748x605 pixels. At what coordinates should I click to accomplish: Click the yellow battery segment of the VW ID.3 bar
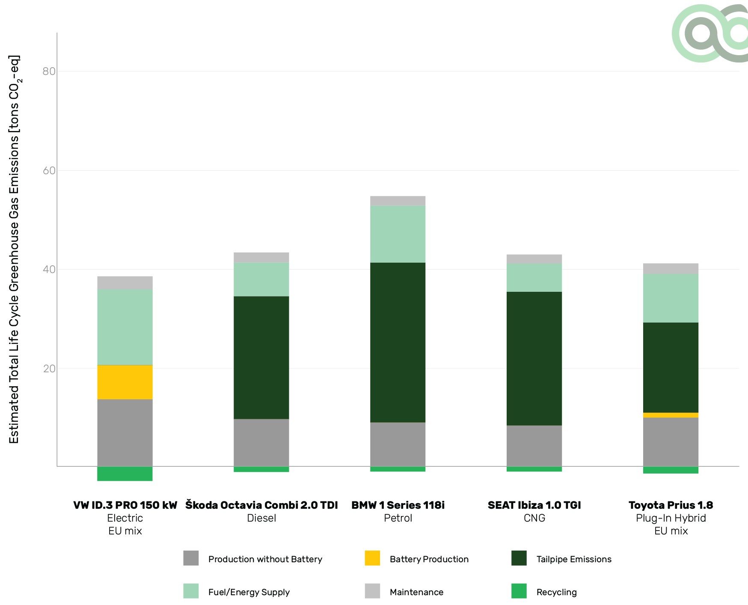pyautogui.click(x=125, y=382)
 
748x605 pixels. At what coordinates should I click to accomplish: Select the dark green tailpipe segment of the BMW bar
pyautogui.click(x=398, y=342)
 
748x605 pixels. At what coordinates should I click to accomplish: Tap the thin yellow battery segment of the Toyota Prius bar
pyautogui.click(x=671, y=415)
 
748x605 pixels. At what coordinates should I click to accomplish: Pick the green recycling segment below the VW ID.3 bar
pyautogui.click(x=125, y=474)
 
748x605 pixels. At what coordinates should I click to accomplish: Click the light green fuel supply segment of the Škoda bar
pyautogui.click(x=261, y=279)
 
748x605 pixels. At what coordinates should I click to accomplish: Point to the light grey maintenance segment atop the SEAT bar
pyautogui.click(x=534, y=259)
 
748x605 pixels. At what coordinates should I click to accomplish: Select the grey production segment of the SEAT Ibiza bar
pyautogui.click(x=534, y=445)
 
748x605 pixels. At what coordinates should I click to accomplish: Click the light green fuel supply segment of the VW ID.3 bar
pyautogui.click(x=125, y=327)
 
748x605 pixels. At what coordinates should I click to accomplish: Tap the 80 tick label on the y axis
pyautogui.click(x=49, y=71)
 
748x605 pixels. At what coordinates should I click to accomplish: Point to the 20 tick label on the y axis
pyautogui.click(x=49, y=368)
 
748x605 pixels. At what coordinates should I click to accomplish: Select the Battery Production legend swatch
pyautogui.click(x=372, y=558)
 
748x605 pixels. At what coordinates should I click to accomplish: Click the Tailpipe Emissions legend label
pyautogui.click(x=574, y=559)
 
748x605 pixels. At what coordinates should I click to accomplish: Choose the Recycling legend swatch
pyautogui.click(x=519, y=591)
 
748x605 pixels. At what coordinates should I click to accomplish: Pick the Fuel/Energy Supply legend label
pyautogui.click(x=249, y=592)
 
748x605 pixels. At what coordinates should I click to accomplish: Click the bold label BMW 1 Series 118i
pyautogui.click(x=398, y=505)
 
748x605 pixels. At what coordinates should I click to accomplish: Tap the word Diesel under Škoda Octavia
pyautogui.click(x=261, y=518)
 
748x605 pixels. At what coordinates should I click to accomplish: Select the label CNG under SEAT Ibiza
pyautogui.click(x=534, y=518)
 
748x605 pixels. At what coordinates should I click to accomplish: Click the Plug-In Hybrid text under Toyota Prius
pyautogui.click(x=671, y=518)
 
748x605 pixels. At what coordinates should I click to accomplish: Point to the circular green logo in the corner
pyautogui.click(x=708, y=33)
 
